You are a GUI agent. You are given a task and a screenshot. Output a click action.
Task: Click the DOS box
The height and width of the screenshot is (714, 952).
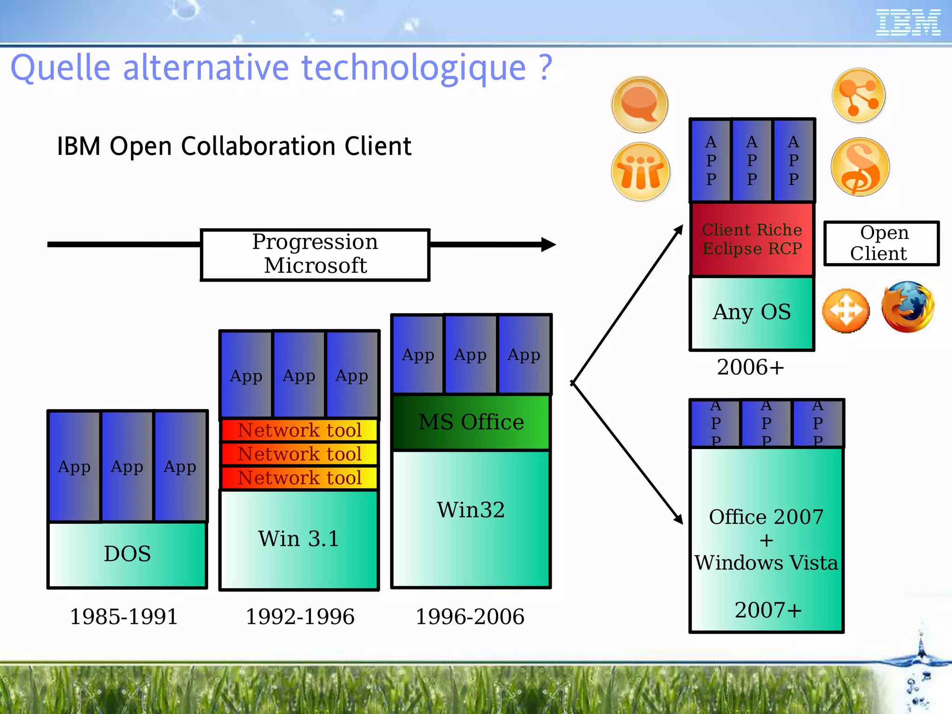click(127, 554)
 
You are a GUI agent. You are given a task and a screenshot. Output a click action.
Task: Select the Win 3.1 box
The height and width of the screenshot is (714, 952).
click(299, 539)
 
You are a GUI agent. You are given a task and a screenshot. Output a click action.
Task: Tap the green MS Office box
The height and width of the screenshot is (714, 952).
click(471, 422)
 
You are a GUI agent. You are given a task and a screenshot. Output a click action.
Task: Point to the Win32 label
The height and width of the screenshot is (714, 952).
click(471, 509)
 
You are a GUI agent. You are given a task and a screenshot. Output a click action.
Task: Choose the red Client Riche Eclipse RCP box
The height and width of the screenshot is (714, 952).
click(752, 239)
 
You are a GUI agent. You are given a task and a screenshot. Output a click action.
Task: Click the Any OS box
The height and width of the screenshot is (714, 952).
click(752, 312)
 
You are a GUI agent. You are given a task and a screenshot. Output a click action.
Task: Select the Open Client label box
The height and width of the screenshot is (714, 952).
click(881, 243)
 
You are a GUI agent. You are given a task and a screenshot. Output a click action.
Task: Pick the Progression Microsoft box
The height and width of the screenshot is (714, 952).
click(315, 254)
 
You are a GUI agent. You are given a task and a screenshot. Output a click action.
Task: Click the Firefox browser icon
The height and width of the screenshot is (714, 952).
click(907, 307)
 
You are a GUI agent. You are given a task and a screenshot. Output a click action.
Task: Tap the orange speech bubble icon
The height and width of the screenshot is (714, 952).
click(640, 104)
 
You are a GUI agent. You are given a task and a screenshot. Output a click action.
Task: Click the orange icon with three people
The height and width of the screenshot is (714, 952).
click(641, 172)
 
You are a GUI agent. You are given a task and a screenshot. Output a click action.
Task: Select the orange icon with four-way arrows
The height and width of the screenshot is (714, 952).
click(846, 311)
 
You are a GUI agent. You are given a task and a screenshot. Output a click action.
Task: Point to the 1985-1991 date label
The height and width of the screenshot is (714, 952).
click(124, 617)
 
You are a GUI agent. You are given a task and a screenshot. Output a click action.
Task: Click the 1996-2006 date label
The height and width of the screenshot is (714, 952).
click(470, 617)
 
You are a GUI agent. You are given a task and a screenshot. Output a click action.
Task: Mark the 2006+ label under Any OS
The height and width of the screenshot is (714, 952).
click(750, 367)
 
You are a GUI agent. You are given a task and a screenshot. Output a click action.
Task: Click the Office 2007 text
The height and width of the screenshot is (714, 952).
click(766, 517)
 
